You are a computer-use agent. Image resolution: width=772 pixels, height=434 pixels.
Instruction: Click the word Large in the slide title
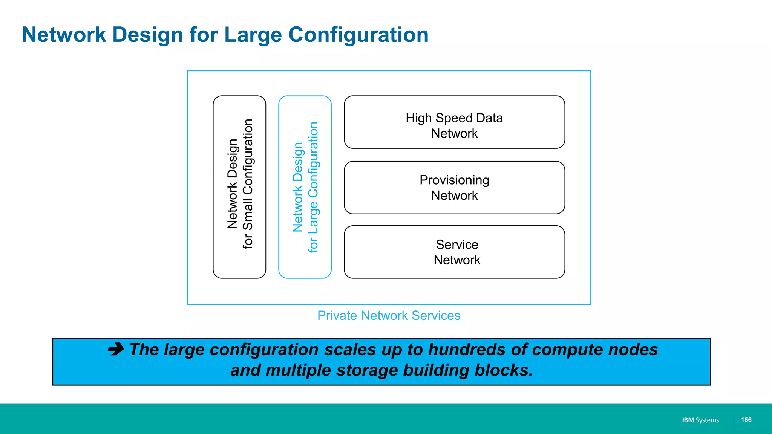click(253, 35)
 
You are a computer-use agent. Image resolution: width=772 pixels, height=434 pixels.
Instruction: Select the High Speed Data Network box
click(454, 122)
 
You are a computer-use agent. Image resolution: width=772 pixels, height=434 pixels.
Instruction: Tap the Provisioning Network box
click(454, 188)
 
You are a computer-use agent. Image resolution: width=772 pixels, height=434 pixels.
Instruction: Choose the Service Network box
click(454, 252)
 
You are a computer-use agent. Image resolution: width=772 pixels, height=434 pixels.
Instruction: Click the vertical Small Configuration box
click(239, 187)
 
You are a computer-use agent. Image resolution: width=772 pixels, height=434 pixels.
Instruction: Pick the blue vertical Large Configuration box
click(305, 187)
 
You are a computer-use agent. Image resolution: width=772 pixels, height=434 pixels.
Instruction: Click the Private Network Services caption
click(389, 315)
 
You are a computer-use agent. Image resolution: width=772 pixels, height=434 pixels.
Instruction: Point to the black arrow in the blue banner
click(116, 349)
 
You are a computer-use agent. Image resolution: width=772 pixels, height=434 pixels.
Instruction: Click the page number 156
click(746, 420)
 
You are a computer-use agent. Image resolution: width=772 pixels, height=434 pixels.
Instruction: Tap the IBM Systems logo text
click(700, 420)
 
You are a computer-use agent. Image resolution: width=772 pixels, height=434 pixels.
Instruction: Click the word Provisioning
click(454, 180)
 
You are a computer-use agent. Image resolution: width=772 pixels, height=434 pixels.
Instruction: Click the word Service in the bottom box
click(457, 245)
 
